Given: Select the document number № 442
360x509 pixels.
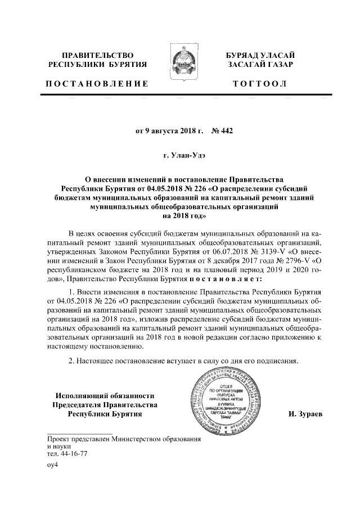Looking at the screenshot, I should coord(222,132).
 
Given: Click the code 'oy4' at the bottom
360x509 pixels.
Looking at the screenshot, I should coord(53,466).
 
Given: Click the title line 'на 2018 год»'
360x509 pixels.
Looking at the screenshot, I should coord(179,215).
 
